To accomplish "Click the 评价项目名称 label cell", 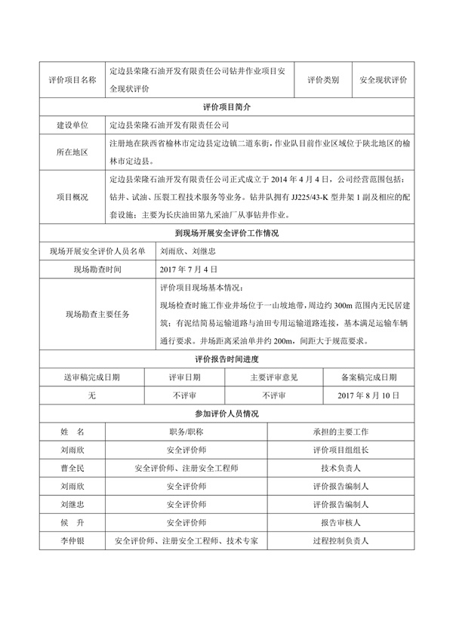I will [72, 79].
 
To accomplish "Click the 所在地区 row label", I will [72, 152].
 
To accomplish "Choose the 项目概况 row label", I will [72, 197].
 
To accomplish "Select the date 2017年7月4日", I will [189, 269].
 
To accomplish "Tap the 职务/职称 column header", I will [186, 432].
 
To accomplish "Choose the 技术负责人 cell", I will [340, 468].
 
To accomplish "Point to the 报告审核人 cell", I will [340, 522].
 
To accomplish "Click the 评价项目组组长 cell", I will [340, 450].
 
